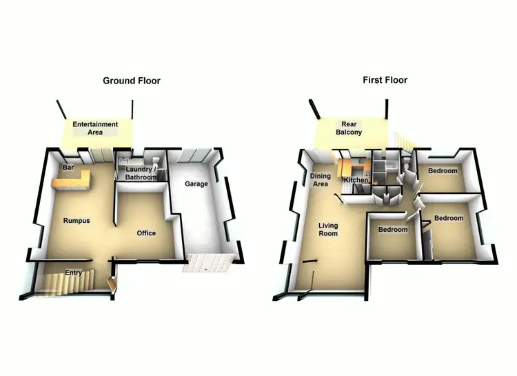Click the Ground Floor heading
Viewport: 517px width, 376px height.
click(x=131, y=81)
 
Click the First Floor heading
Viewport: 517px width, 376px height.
click(x=385, y=80)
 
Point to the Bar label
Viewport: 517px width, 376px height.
click(x=68, y=168)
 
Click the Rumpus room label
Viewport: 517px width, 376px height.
click(x=77, y=221)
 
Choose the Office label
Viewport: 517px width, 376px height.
click(x=146, y=233)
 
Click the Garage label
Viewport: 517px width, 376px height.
click(x=196, y=184)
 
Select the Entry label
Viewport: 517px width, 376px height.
click(x=74, y=273)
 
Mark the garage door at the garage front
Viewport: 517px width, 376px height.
click(x=208, y=263)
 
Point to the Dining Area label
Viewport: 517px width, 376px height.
click(x=321, y=180)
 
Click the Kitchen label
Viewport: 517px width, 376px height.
click(x=356, y=180)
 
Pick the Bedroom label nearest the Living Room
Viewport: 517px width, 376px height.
click(x=392, y=230)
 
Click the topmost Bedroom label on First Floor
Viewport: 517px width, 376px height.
click(x=442, y=170)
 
